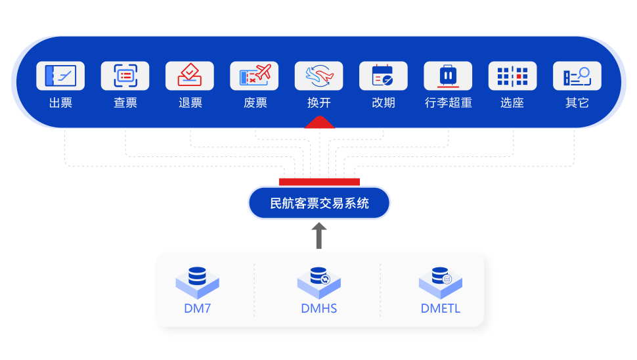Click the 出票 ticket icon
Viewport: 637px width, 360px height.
click(60, 76)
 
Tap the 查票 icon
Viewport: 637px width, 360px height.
click(125, 76)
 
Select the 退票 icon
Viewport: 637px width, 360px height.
click(190, 76)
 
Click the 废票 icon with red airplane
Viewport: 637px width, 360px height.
click(254, 76)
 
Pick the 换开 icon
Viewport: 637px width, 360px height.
click(318, 76)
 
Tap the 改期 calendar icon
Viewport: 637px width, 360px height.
click(384, 76)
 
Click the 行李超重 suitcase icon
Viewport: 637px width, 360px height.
click(448, 76)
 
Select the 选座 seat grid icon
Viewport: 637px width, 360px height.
click(512, 76)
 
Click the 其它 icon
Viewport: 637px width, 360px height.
click(577, 76)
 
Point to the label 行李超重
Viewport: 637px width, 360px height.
click(448, 103)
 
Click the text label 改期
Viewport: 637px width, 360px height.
click(384, 103)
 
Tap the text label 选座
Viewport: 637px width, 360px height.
click(512, 103)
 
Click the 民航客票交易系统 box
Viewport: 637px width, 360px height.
click(319, 203)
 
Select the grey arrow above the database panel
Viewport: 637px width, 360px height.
click(319, 235)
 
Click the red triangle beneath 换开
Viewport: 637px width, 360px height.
click(319, 122)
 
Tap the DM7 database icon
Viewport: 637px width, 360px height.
click(197, 281)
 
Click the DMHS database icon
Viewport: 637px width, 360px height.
click(319, 281)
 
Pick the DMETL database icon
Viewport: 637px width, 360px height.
click(441, 281)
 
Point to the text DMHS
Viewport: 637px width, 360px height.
click(319, 308)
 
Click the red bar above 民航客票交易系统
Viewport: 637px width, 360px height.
click(319, 181)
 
